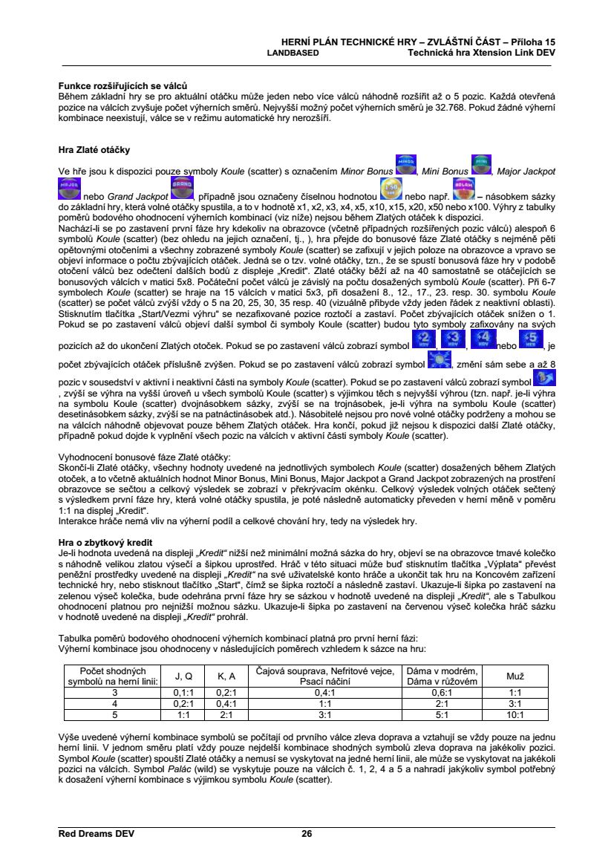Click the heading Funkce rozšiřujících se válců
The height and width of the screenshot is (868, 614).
[123, 87]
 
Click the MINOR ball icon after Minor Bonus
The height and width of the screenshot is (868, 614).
[405, 165]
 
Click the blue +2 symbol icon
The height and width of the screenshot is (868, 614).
[422, 341]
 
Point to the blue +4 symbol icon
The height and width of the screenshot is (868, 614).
[479, 341]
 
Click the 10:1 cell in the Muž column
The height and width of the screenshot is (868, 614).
[515, 714]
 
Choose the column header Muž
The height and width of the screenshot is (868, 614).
[515, 676]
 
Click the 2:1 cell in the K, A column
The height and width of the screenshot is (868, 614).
[226, 714]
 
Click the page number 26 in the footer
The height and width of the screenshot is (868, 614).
[307, 833]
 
